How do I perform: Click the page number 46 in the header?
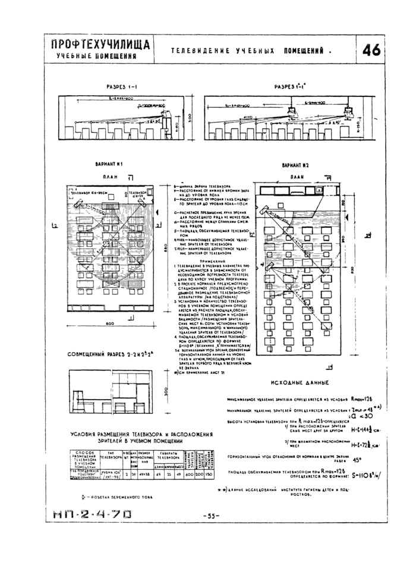pos(373,50)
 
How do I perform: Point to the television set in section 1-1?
pos(166,113)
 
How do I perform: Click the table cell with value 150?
pos(209,475)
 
